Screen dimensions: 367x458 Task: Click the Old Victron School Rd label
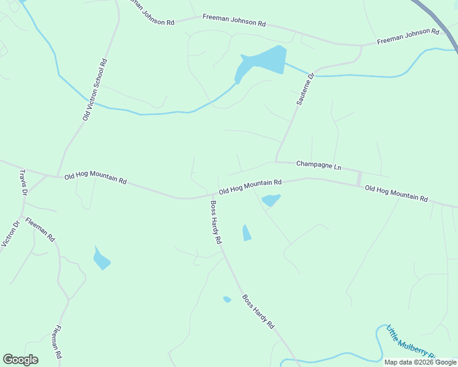coord(95,89)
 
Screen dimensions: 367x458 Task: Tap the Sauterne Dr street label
coord(305,89)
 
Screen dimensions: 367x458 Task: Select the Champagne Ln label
coord(318,165)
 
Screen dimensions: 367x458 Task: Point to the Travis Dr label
coord(23,183)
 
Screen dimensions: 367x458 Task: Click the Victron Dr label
coord(10,232)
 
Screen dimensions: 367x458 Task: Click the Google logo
coord(20,360)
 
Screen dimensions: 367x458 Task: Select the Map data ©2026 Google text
coord(419,362)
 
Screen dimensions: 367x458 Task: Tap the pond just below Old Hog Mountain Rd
coord(270,200)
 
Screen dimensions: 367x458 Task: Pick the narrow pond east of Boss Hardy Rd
coord(247,233)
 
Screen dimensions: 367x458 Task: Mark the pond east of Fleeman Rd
coord(101,259)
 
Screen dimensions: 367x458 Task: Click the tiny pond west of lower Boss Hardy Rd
coord(227,299)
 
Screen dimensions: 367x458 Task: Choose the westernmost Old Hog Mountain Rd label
coord(95,177)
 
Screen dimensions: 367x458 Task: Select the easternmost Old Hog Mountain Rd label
coord(396,193)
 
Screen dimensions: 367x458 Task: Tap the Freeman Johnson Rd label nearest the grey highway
coord(408,36)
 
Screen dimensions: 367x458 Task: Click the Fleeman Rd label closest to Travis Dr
coord(41,229)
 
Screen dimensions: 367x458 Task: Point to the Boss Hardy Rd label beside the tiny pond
coord(258,312)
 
